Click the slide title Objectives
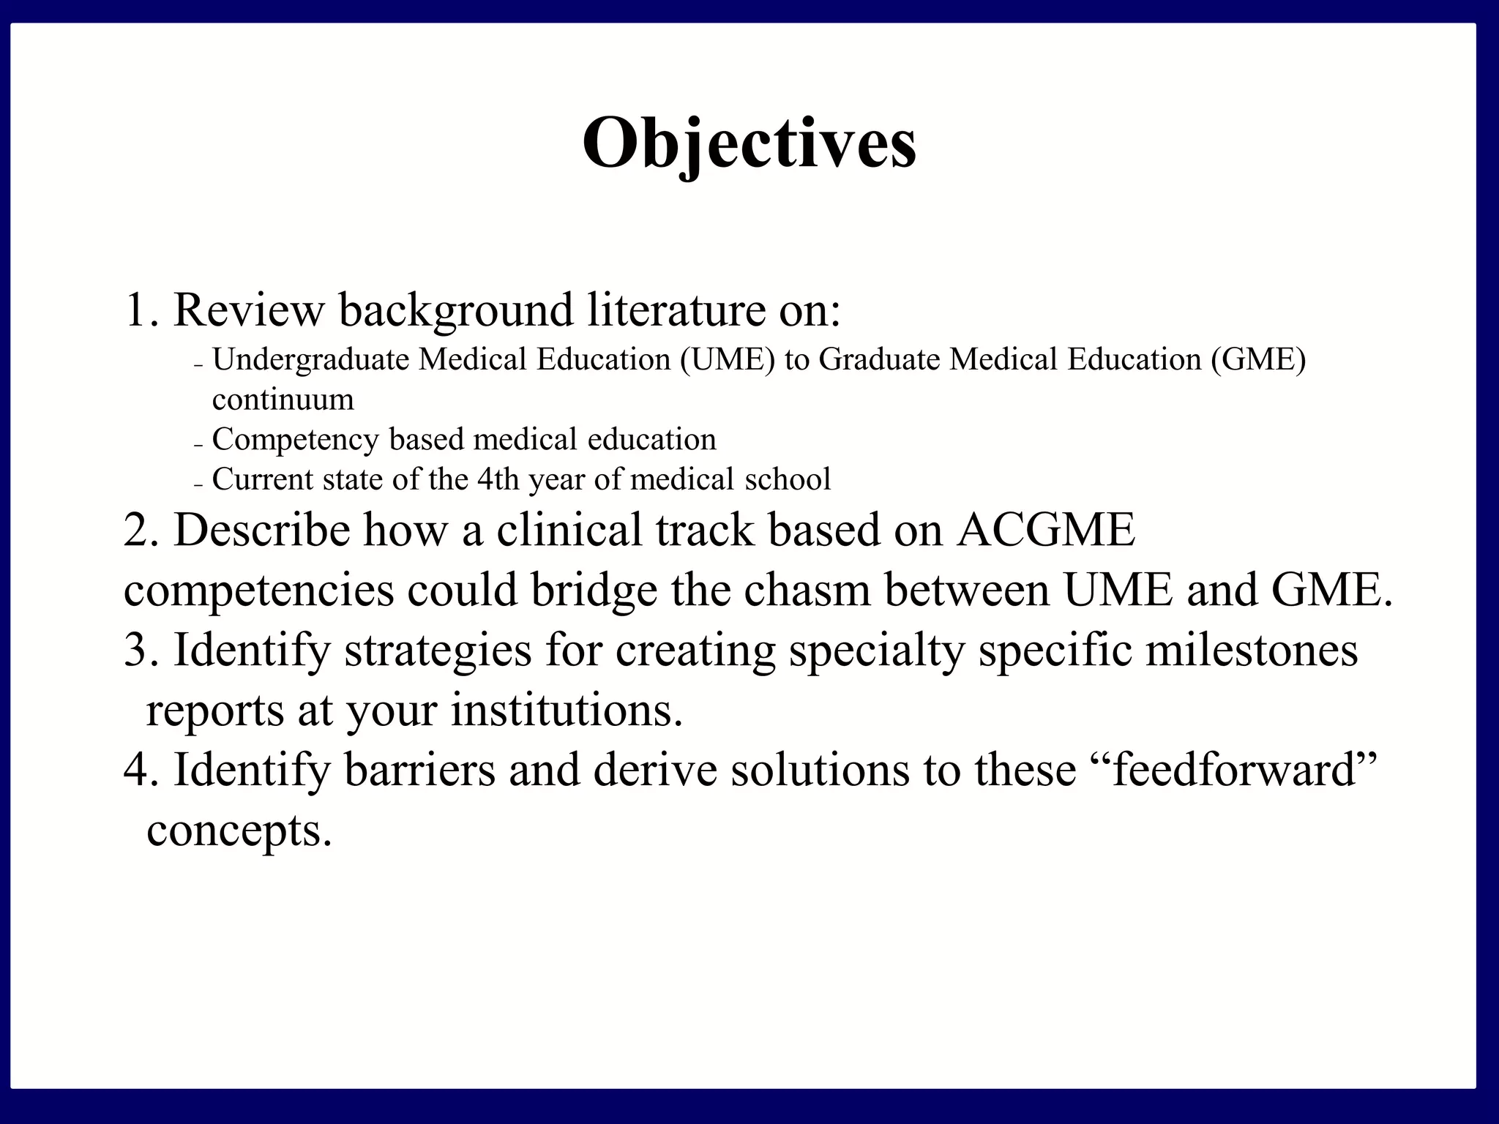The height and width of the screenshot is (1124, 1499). (749, 143)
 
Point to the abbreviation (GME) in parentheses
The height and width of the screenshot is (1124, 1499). (1257, 360)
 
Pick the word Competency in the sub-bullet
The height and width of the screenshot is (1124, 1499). (294, 440)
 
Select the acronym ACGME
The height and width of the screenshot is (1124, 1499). (1046, 530)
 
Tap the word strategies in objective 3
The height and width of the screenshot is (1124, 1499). (437, 650)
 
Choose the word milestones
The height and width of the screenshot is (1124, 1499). (1251, 650)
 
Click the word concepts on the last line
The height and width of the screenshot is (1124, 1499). (239, 831)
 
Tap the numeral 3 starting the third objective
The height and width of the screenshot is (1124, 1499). (135, 650)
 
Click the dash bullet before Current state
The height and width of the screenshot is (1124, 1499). (198, 485)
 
